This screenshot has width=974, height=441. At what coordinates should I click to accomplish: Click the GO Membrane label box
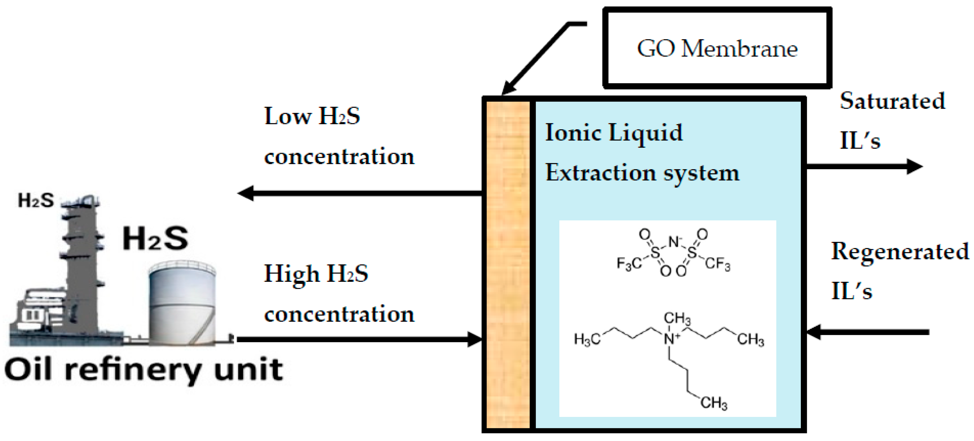click(x=717, y=48)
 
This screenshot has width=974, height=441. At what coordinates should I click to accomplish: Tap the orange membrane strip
click(x=508, y=265)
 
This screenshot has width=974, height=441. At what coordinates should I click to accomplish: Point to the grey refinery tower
click(x=81, y=265)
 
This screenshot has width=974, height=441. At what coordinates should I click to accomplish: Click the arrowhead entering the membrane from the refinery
click(x=475, y=339)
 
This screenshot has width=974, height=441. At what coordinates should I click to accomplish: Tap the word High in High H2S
click(x=291, y=274)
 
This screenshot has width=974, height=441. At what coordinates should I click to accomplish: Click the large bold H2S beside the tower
click(x=155, y=238)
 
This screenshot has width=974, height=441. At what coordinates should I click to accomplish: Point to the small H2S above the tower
click(x=36, y=200)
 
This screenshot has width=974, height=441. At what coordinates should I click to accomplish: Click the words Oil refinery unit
click(x=144, y=370)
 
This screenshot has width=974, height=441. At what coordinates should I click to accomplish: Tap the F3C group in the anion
click(x=629, y=264)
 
